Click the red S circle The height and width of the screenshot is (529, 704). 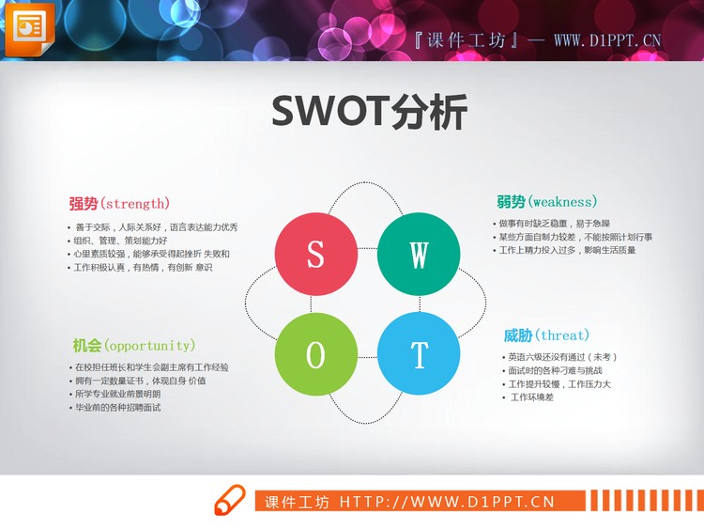[316, 254]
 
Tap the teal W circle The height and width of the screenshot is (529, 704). [419, 254]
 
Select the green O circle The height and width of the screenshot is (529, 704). [316, 354]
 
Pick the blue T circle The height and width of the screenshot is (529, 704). [419, 354]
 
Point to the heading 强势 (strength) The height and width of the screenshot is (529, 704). [119, 203]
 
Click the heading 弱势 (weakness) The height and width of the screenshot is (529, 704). [546, 201]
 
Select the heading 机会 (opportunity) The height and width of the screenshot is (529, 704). [134, 345]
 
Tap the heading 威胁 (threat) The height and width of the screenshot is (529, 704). [546, 335]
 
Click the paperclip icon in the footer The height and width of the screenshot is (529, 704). [229, 501]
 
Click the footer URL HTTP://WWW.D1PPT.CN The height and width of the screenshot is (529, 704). [446, 502]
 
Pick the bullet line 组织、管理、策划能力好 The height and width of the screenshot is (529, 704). [121, 241]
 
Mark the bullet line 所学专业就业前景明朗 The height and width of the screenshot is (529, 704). [118, 394]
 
